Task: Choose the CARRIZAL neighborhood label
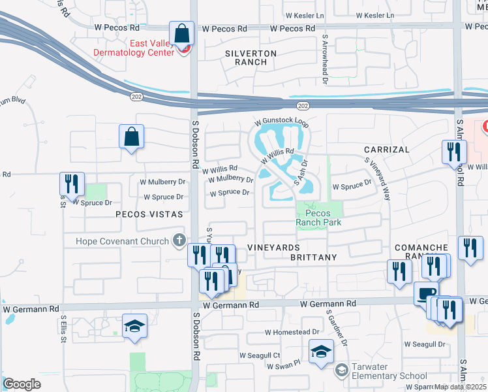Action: tap(386, 150)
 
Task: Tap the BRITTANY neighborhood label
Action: tap(314, 257)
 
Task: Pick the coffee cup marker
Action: tap(426, 293)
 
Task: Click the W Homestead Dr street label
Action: tap(292, 333)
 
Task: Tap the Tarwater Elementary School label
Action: tap(389, 371)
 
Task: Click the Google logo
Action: tap(22, 384)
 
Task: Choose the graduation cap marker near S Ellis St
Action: tap(134, 327)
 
